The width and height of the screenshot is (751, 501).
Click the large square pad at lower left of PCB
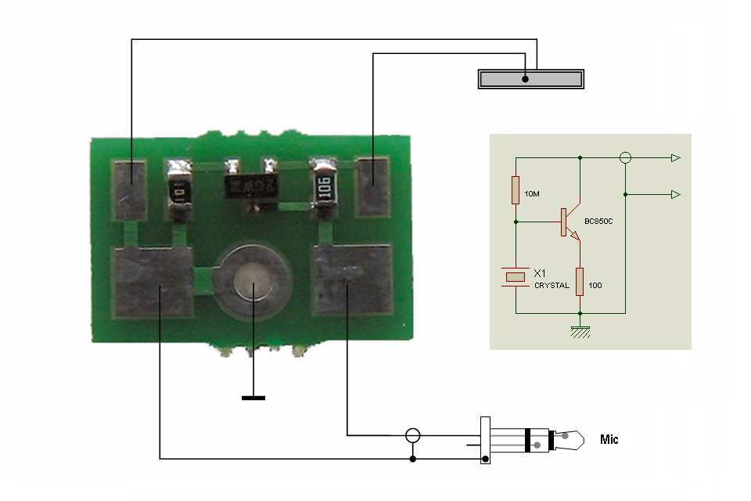pos(153,282)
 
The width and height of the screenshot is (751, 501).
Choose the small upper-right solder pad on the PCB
pos(373,187)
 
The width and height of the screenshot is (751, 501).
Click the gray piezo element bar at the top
pos(531,79)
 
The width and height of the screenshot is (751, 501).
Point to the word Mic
pos(609,439)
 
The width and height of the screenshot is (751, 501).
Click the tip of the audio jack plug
pos(574,440)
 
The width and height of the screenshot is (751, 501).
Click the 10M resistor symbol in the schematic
pos(516,190)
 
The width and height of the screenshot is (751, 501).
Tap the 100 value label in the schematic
pos(595,286)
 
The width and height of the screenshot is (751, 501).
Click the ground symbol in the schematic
pos(580,332)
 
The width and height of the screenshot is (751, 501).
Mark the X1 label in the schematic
pos(540,274)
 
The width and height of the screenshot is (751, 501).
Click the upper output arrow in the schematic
pos(675,158)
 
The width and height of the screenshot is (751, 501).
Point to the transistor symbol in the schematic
pos(569,223)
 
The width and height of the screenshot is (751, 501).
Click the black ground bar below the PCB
pos(253,398)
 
